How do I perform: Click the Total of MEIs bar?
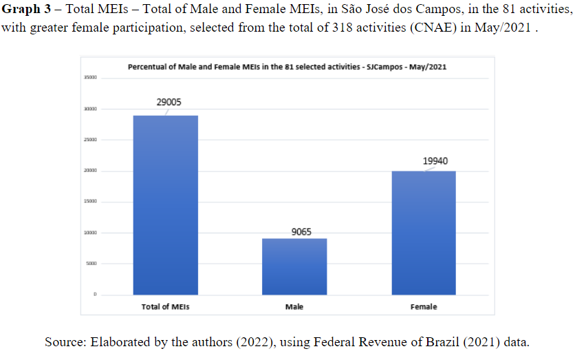165,205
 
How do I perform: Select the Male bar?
294,266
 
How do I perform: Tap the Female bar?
423,233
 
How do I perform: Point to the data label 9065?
301,232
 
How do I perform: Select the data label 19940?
435,160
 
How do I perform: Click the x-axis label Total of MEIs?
165,307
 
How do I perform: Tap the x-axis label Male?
294,307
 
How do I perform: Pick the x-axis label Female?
423,307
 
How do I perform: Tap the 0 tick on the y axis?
95,295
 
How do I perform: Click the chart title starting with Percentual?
288,67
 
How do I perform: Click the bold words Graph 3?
26,13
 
